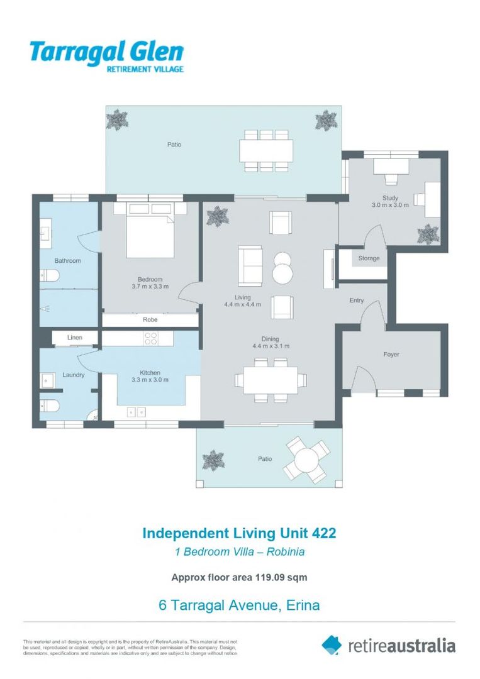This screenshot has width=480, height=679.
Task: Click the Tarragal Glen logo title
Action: (106, 52)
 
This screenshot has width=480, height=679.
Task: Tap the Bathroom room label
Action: (67, 260)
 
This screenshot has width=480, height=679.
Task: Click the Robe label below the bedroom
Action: (150, 320)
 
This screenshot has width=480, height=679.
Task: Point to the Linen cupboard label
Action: (74, 338)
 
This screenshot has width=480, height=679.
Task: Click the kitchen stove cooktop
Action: (151, 338)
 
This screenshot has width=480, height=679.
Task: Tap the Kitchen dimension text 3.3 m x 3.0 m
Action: (150, 380)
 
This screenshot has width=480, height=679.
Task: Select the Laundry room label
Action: (73, 375)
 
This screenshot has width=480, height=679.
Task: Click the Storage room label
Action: (369, 258)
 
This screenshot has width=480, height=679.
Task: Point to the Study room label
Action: (390, 198)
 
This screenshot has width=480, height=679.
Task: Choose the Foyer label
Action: (391, 355)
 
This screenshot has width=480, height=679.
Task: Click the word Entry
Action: (357, 301)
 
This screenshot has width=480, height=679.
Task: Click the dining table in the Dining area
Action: (271, 380)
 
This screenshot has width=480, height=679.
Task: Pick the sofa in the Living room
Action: (250, 266)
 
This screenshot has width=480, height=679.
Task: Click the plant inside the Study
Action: (428, 233)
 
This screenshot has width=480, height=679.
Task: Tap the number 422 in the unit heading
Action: (324, 533)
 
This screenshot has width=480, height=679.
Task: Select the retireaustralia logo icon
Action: (332, 644)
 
